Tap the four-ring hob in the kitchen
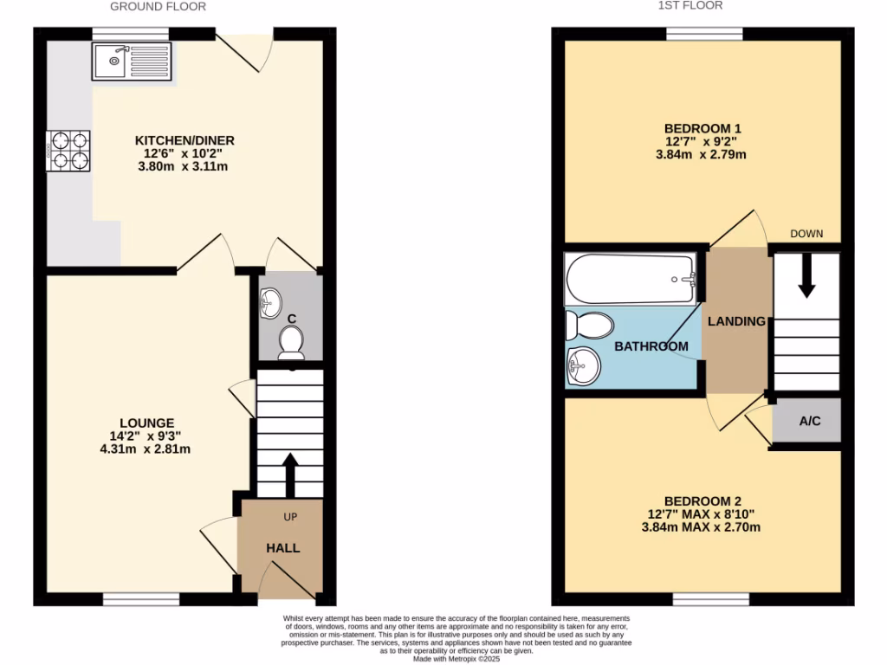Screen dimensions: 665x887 [x=69, y=150]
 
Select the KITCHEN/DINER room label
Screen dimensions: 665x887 [x=185, y=140]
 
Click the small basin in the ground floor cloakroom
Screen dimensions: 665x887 [x=270, y=302]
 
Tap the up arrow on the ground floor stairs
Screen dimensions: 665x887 [x=289, y=470]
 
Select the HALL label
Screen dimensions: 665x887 [x=282, y=548]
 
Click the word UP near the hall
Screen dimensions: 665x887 [x=291, y=517]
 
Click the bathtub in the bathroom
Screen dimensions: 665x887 [x=630, y=279]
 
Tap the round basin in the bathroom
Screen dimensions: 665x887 [x=583, y=365]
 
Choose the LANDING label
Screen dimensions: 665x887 [x=736, y=321]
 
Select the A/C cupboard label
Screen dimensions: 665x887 [x=809, y=422]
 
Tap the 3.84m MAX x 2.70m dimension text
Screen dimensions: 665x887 [x=702, y=527]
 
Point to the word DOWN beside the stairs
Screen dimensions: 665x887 [x=806, y=234]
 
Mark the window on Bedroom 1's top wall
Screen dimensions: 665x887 [x=704, y=34]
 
